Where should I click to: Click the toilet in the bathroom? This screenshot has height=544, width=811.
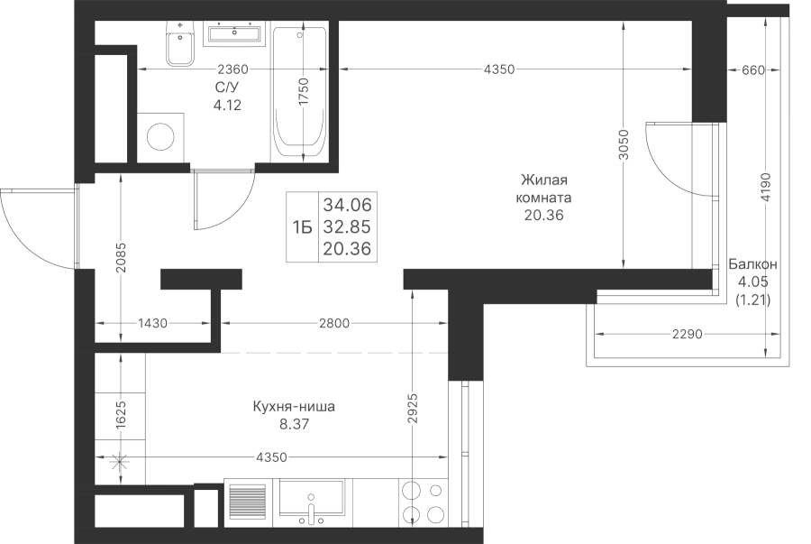coord(180,44)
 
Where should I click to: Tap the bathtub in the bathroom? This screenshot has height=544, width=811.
coord(299,92)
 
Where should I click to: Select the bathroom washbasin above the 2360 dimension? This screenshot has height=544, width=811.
coord(234,33)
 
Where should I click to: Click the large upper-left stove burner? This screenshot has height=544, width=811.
coord(412,490)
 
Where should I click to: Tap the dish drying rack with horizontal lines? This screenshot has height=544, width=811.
coord(248,503)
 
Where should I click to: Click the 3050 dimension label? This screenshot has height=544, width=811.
coord(624,144)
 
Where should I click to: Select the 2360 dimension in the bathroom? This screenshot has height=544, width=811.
coord(232,69)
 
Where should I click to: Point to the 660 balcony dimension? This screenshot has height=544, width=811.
coord(752,69)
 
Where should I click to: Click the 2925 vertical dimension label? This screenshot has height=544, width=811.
coord(412,409)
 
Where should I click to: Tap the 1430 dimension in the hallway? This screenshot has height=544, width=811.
coord(152,324)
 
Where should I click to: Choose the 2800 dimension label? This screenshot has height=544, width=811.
coord(334,324)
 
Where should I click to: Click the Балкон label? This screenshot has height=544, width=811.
coord(752,264)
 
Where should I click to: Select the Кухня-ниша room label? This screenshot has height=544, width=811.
coord(293,407)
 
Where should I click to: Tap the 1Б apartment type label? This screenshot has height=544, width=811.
coord(303,226)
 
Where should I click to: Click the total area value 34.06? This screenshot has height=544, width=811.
coord(347,205)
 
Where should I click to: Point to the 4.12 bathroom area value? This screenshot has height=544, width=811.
coord(227,105)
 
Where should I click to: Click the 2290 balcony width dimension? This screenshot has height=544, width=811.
coord(688,335)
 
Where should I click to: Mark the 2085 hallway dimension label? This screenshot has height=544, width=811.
coord(121,258)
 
